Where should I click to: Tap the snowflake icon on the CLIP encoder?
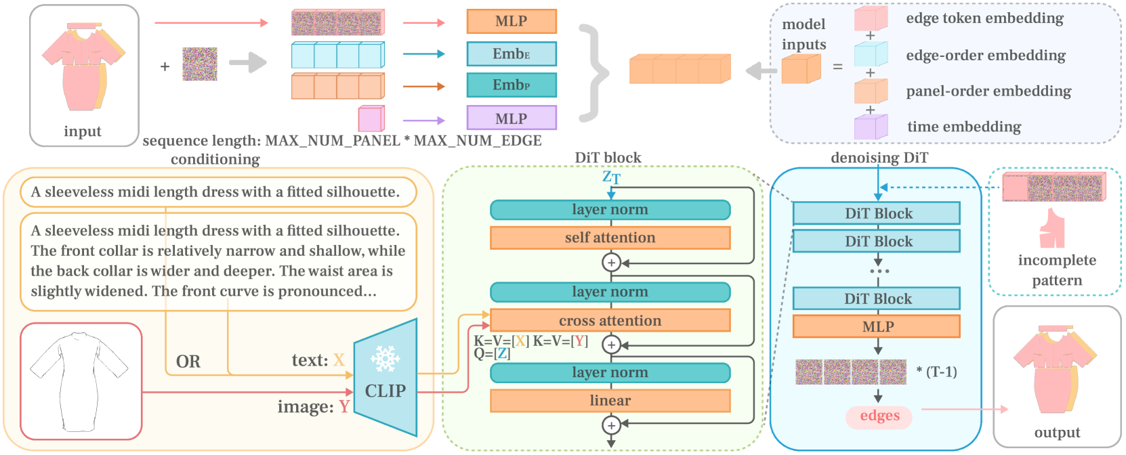[385, 359]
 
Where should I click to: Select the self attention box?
[610, 238]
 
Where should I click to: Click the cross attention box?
[610, 320]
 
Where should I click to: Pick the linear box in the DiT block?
[610, 401]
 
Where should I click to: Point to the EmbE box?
[512, 53]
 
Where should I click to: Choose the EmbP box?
[512, 85]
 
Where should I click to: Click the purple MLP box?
[512, 118]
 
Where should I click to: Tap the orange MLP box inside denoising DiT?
[877, 326]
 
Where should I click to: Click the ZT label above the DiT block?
[611, 177]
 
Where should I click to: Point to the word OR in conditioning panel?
[188, 362]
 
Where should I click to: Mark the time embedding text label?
[964, 127]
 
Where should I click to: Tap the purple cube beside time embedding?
[871, 127]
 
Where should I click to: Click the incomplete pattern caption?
[1057, 270]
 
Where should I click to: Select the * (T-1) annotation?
[936, 372]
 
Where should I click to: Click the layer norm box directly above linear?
[610, 373]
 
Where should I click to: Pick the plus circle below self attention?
[611, 263]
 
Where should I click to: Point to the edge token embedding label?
[985, 18]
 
